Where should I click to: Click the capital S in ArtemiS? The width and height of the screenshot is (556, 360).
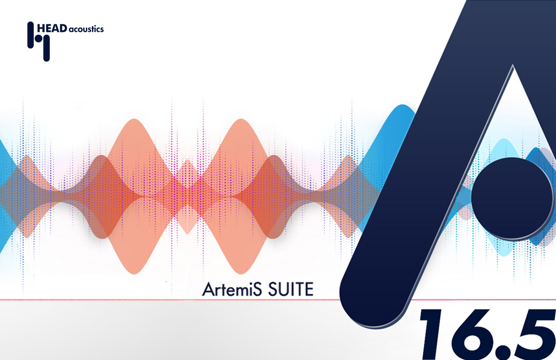click(x=257, y=289)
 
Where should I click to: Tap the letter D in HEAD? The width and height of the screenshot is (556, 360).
click(x=64, y=28)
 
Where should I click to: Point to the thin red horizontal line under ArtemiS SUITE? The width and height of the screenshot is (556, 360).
click(x=135, y=299)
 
